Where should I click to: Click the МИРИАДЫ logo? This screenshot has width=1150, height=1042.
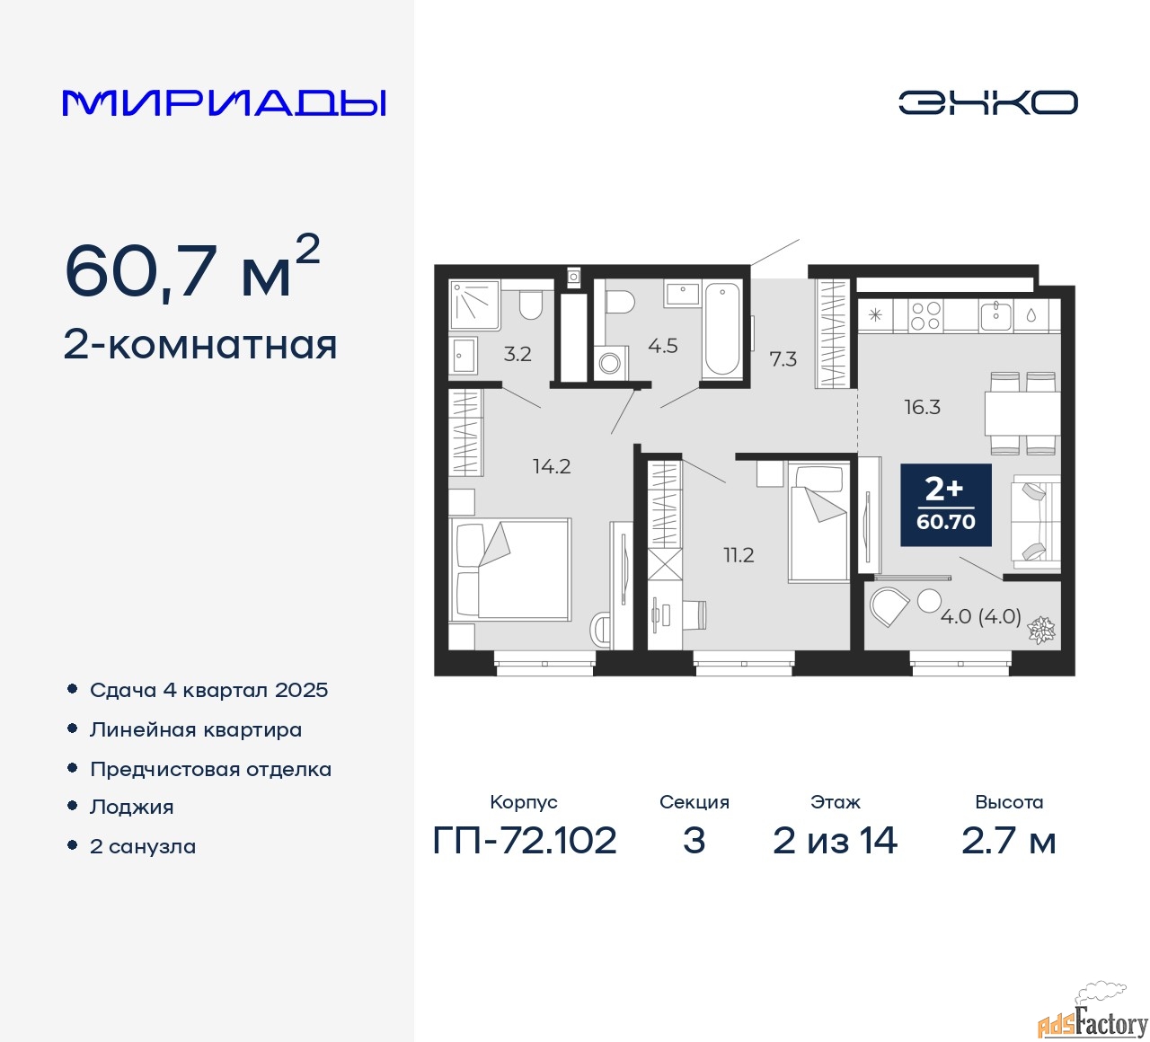tap(224, 103)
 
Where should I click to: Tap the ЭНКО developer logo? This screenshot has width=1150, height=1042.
tap(987, 102)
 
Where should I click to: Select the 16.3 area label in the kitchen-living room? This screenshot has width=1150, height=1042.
tap(923, 408)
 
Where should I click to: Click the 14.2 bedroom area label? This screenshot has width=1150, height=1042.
tap(552, 466)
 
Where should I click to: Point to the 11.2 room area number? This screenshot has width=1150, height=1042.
tap(739, 555)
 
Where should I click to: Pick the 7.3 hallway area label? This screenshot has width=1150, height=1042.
tap(783, 359)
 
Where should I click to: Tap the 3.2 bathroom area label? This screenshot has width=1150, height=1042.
tap(517, 354)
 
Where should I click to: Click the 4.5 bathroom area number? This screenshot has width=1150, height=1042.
tap(663, 346)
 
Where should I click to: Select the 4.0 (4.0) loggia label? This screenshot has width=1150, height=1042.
tap(981, 616)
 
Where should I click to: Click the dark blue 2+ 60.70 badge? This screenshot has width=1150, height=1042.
tap(946, 505)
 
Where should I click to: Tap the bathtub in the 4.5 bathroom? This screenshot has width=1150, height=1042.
tap(722, 330)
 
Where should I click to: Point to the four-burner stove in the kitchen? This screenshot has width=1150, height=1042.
tap(926, 316)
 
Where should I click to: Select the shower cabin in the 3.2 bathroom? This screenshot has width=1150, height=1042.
tap(474, 305)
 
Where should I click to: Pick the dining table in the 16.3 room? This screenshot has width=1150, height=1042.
tap(1022, 413)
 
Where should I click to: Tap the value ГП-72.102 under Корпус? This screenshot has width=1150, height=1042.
tap(525, 841)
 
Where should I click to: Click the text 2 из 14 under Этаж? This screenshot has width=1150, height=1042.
tap(835, 841)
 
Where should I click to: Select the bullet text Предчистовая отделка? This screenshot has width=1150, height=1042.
tap(210, 769)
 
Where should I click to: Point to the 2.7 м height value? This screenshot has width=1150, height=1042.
tap(1008, 841)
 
